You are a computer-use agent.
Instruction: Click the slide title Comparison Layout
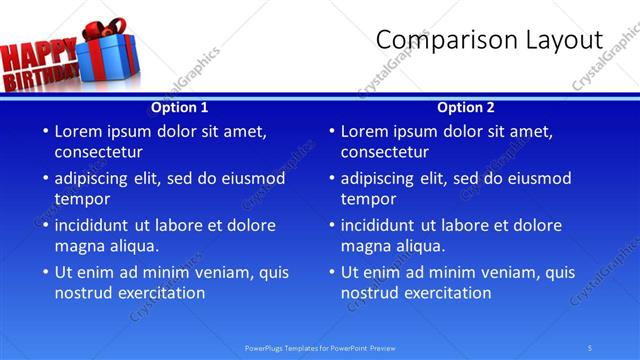click(489, 40)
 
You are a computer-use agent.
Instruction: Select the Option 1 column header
click(180, 107)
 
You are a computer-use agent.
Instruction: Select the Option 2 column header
click(466, 107)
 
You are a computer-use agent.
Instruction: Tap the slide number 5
click(590, 347)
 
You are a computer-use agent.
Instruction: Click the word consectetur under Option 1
click(98, 152)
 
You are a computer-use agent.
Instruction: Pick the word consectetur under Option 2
click(384, 152)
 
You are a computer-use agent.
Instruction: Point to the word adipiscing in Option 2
click(378, 179)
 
